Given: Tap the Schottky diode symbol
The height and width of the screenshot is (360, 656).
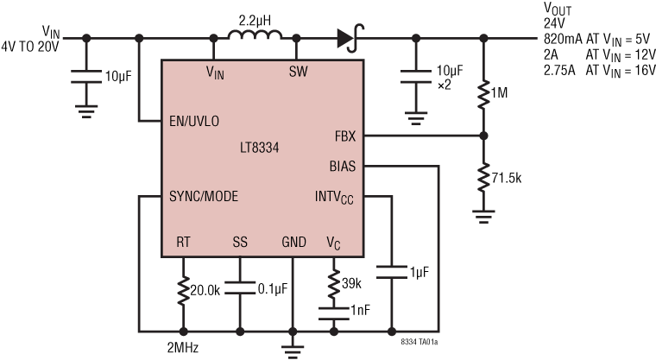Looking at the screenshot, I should pyautogui.click(x=348, y=37).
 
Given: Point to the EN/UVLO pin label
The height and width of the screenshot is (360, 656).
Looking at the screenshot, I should pyautogui.click(x=198, y=120).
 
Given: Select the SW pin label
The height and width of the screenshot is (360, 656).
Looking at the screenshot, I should pyautogui.click(x=297, y=71).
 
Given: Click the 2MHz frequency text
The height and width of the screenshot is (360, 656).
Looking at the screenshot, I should pyautogui.click(x=184, y=349).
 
